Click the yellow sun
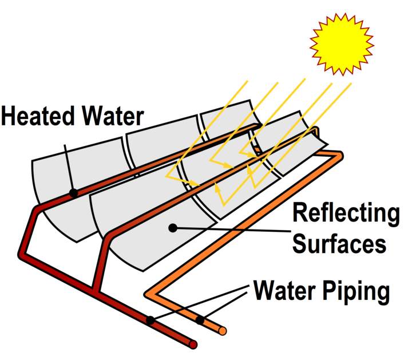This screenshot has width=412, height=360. tap(341, 44)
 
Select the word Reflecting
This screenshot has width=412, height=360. tap(346, 213)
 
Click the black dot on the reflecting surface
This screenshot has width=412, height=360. tap(172, 228)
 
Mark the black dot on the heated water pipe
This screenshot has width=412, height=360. tap(73, 193)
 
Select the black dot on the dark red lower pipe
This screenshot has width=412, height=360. tap(149, 321)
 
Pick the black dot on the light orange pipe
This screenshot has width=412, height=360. tap(200, 320)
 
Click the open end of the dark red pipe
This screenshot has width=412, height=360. tap(194, 345)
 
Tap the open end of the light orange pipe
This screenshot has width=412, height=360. tap(223, 331)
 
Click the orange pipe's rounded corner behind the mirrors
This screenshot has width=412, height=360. tap(339, 155)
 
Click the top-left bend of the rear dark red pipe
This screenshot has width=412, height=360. tap(34, 209)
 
